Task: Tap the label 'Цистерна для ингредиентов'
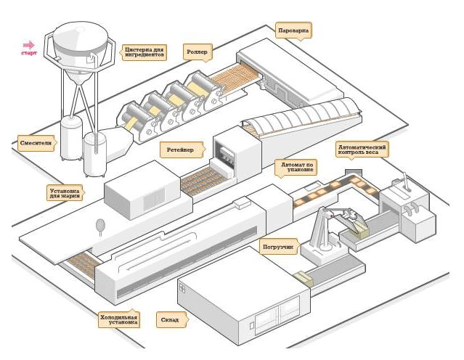[145, 52]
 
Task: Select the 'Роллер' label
[197, 52]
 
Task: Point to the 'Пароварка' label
[294, 31]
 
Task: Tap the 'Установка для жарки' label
[65, 192]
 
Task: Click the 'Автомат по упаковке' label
[298, 169]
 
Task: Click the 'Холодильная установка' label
[118, 319]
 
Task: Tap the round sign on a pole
[99, 226]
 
